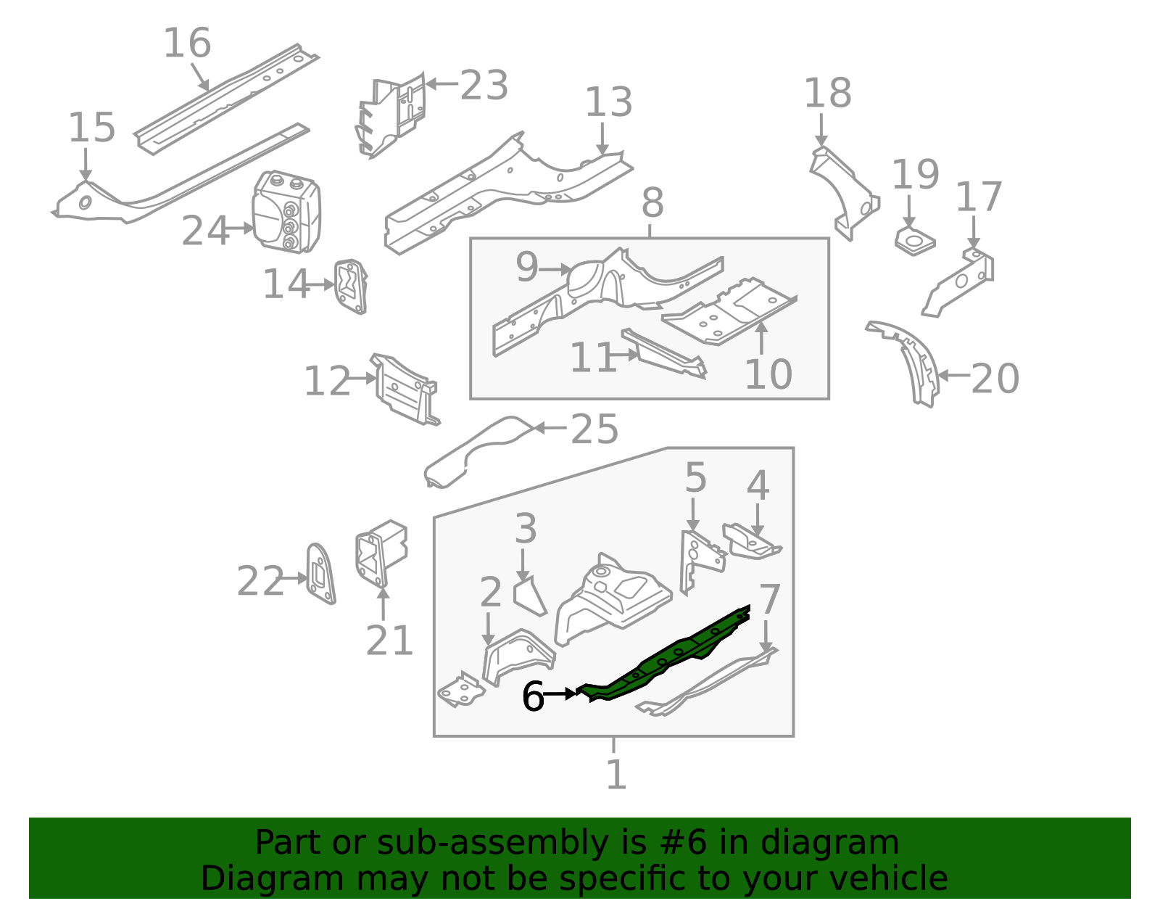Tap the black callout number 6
[533, 696]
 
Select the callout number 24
[204, 231]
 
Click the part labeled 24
[287, 212]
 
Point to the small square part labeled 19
[914, 241]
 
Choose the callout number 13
[608, 102]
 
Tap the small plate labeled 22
[320, 574]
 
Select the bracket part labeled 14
[351, 287]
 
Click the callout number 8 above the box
[652, 203]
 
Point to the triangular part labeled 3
[529, 596]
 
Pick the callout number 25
[594, 429]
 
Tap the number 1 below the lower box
[616, 775]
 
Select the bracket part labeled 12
[404, 388]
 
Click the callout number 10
[768, 374]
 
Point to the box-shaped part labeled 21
[381, 553]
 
